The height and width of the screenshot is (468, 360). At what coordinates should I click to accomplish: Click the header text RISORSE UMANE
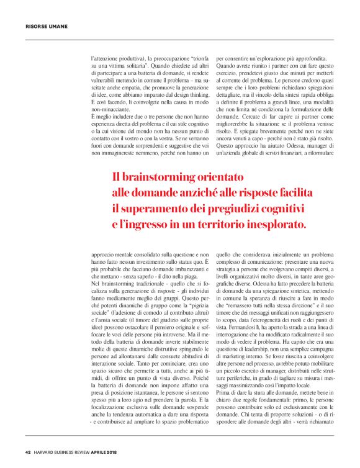click(x=47, y=27)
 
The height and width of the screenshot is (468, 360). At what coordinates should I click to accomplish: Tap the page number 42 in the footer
click(x=28, y=451)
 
